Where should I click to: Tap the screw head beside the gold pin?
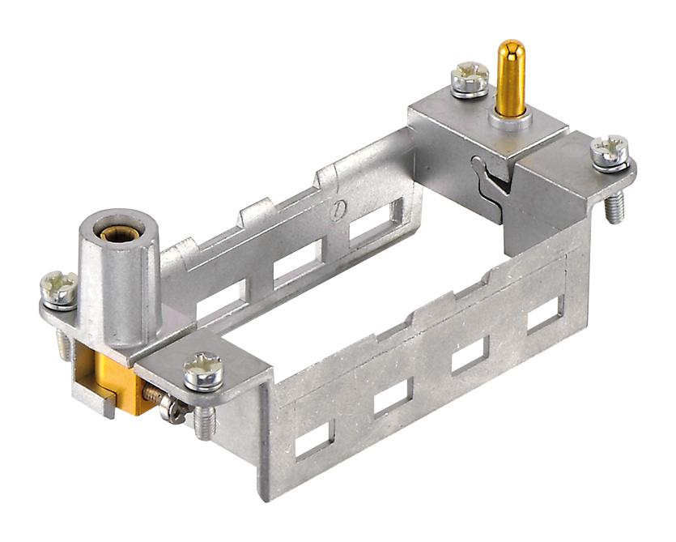(x=470, y=78)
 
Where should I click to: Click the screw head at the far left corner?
(x=60, y=288)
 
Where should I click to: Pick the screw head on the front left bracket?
(x=202, y=371)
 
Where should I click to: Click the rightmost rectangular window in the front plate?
(x=545, y=314)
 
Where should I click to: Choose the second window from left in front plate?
(x=393, y=396)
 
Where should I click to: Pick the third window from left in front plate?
(x=469, y=355)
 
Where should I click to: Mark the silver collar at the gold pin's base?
(x=509, y=121)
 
